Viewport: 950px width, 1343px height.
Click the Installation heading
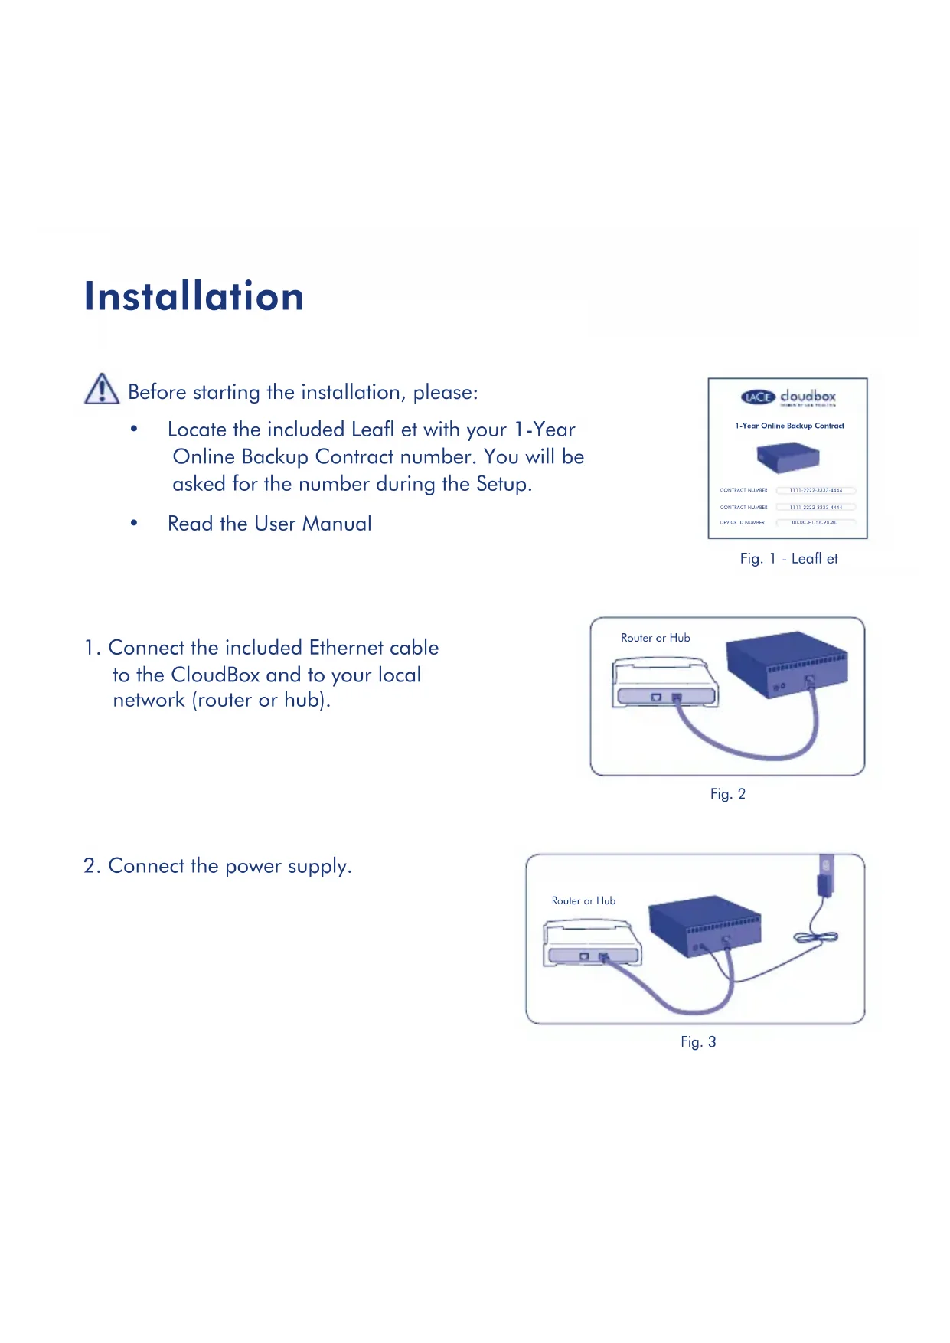point(194,296)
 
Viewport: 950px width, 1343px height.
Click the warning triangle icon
point(101,389)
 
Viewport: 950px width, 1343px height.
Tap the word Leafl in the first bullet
point(371,430)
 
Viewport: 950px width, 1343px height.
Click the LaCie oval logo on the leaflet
point(758,397)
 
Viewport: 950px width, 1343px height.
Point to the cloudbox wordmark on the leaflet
point(808,396)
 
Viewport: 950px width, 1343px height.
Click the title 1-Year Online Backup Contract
point(789,426)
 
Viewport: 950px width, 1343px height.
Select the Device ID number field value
point(815,523)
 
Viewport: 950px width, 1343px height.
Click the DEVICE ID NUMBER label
point(742,523)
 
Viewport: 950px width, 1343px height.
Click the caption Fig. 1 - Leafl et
point(788,559)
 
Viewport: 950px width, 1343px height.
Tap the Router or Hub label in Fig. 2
point(655,638)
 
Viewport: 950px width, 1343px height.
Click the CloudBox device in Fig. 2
point(786,663)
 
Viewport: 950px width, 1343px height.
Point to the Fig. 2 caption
point(727,794)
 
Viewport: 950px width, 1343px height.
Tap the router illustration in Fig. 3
point(592,945)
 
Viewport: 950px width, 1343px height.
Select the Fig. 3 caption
point(698,1042)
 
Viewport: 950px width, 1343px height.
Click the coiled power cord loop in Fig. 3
point(816,938)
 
